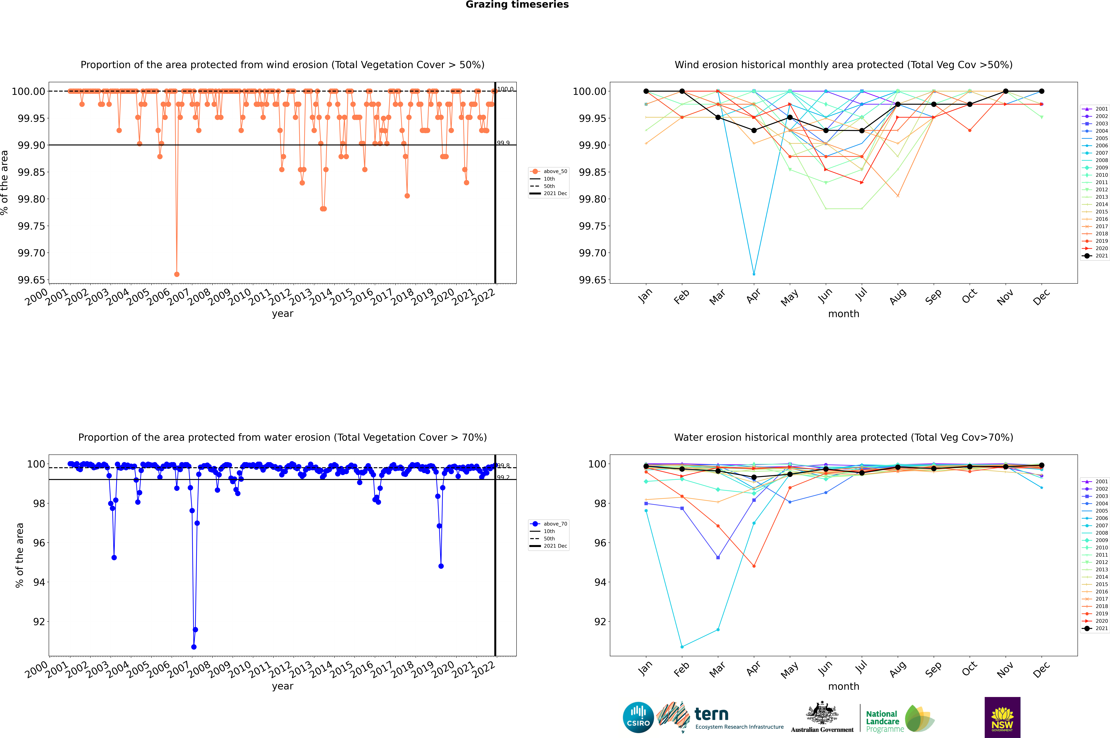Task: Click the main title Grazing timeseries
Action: [x=517, y=5]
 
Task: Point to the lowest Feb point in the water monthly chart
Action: [x=682, y=647]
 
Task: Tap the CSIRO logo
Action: [x=638, y=718]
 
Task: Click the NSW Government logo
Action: [x=1002, y=717]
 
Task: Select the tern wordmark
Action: [x=711, y=715]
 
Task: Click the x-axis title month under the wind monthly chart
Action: [x=844, y=314]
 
